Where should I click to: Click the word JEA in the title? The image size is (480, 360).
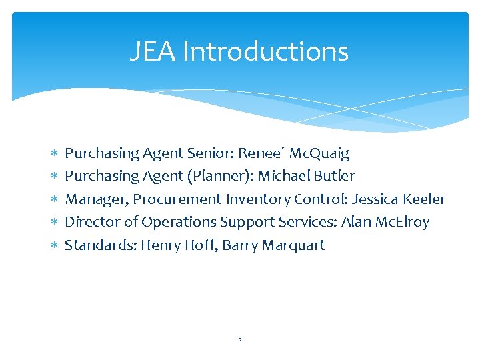152,51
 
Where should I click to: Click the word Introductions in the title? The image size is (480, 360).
265,51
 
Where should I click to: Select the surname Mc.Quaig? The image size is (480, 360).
319,153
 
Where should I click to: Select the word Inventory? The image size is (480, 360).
255,199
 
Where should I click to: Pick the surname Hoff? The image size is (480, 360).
202,245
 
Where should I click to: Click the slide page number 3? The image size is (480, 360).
239,339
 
